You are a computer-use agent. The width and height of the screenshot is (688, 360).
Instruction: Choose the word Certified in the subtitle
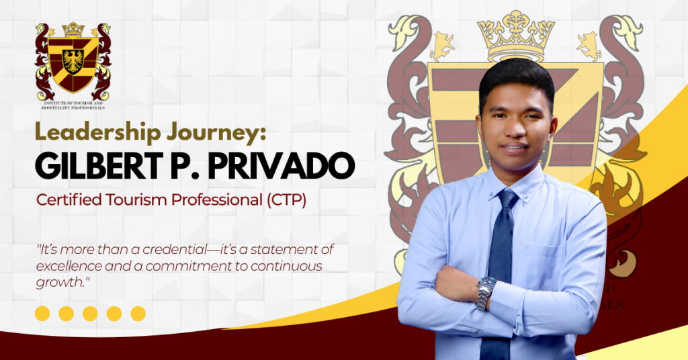(63, 200)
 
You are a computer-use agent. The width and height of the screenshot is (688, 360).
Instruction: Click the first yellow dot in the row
(42, 313)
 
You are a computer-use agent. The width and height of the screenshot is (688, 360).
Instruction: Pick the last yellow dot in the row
(138, 313)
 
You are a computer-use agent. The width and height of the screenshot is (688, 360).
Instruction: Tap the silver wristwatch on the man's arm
(485, 292)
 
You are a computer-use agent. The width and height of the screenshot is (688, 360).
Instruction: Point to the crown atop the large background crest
(515, 37)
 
